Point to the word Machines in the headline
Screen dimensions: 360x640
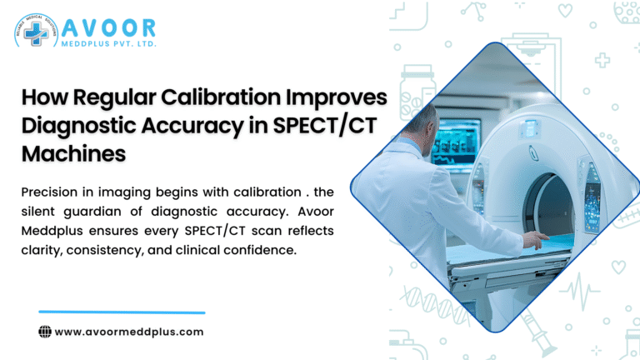coord(73,154)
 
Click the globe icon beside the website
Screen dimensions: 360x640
coord(46,332)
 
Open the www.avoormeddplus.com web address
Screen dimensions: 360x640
coord(129,332)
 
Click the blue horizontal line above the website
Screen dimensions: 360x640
coord(122,312)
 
